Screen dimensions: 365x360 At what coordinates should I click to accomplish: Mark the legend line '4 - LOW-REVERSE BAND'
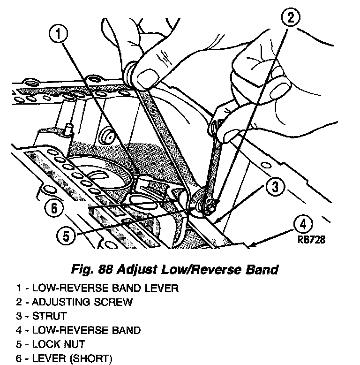coord(73,330)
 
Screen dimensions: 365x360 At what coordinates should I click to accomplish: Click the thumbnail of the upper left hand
coord(149,75)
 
